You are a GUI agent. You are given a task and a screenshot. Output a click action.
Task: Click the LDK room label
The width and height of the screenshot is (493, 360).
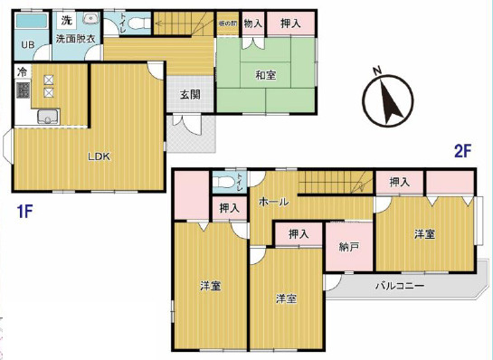tap(99, 156)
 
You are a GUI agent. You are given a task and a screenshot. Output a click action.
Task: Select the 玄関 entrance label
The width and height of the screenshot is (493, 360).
tap(190, 95)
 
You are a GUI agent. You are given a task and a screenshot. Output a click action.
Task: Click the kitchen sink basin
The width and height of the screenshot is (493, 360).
tap(47, 115)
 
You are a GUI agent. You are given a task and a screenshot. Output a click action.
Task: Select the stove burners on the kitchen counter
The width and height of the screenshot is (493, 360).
tap(47, 87)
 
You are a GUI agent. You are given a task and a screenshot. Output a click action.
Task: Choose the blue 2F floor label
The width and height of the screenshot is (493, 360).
tap(463, 152)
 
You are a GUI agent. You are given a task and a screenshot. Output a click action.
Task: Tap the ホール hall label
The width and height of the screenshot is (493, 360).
tap(273, 202)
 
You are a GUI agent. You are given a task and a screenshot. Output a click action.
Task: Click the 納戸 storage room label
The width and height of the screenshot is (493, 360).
tap(349, 246)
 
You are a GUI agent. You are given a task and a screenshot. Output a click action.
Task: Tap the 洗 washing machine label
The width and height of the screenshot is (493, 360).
tap(66, 20)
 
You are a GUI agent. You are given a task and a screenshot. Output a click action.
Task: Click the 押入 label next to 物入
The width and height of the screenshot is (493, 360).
tap(291, 23)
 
